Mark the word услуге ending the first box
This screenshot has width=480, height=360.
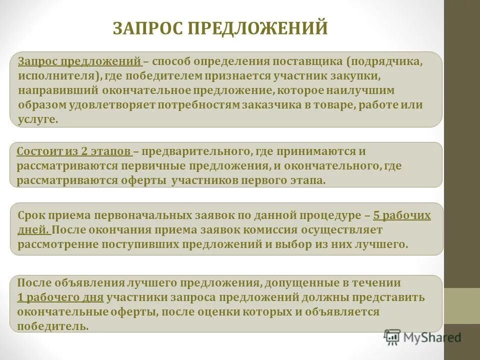[37, 119]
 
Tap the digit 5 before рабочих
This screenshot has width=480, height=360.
[376, 216]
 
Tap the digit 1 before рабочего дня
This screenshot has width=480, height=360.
[20, 297]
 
